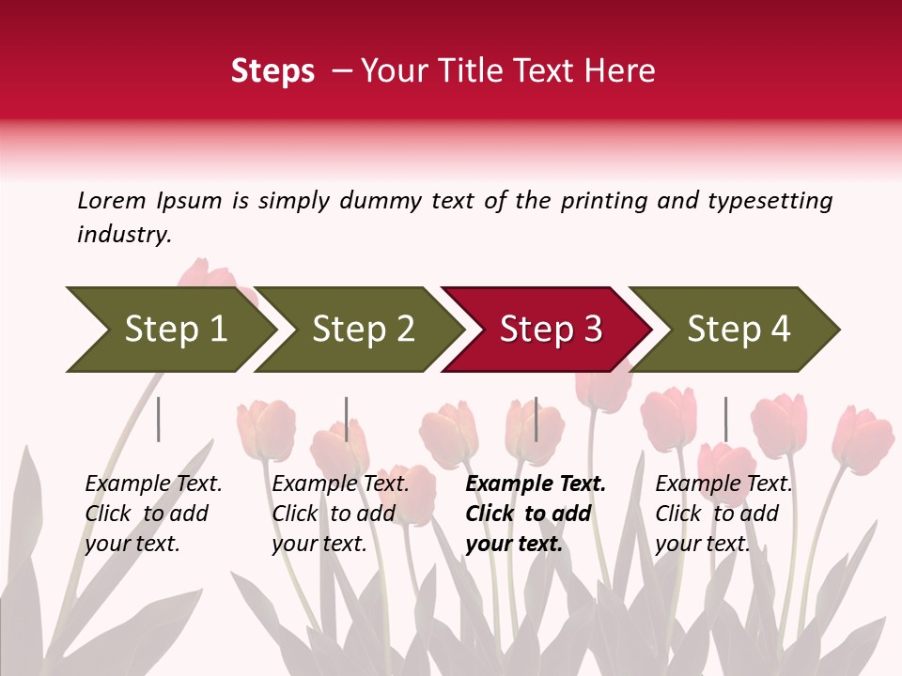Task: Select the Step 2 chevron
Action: pyautogui.click(x=362, y=329)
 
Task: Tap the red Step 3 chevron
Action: pyautogui.click(x=550, y=329)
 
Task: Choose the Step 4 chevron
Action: pyautogui.click(x=738, y=329)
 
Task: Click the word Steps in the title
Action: pyautogui.click(x=272, y=71)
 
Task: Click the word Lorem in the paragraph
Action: pyautogui.click(x=112, y=201)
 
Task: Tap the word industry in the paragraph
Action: pyautogui.click(x=124, y=234)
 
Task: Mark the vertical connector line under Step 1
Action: pyautogui.click(x=159, y=419)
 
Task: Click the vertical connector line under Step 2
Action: pyautogui.click(x=347, y=419)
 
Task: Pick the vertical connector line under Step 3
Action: pyautogui.click(x=536, y=419)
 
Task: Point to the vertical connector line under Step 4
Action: pyautogui.click(x=725, y=419)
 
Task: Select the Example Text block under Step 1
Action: pyautogui.click(x=153, y=514)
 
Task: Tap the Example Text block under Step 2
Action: pyautogui.click(x=340, y=514)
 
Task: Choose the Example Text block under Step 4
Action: pyautogui.click(x=723, y=514)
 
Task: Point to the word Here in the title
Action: pyautogui.click(x=624, y=71)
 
